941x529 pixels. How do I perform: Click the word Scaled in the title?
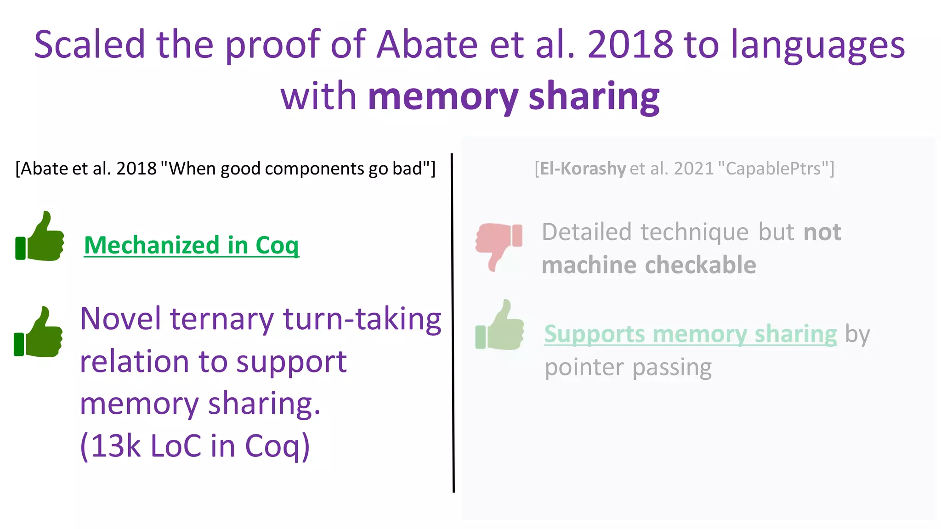coord(90,45)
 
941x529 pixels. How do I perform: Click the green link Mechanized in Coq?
coord(191,245)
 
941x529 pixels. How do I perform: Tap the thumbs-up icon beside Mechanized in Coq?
coord(40,236)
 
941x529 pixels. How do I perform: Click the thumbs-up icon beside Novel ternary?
coord(39,332)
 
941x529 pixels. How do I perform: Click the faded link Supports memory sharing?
coord(690,334)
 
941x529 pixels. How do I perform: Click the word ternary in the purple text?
coord(222,319)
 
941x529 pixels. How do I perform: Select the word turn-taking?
coord(362,319)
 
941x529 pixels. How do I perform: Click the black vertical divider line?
coord(453,321)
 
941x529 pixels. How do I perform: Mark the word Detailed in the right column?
coord(587,232)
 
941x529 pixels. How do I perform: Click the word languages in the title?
coord(818,45)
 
